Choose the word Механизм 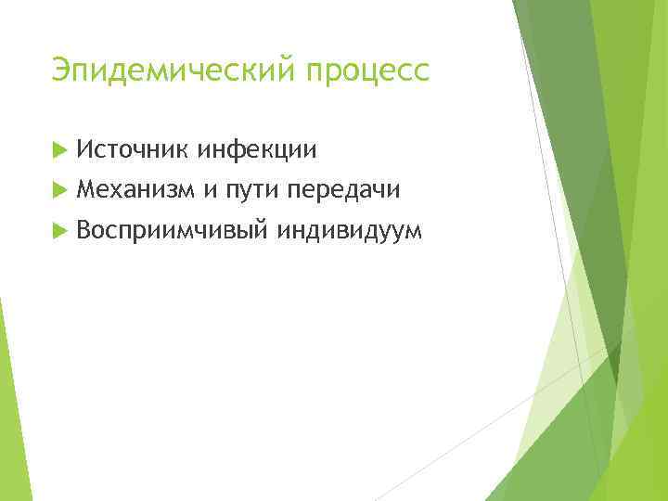pos(136,189)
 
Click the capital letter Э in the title pos(61,70)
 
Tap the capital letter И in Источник pos(85,148)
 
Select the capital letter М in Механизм pos(87,189)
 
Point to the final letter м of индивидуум pos(412,234)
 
